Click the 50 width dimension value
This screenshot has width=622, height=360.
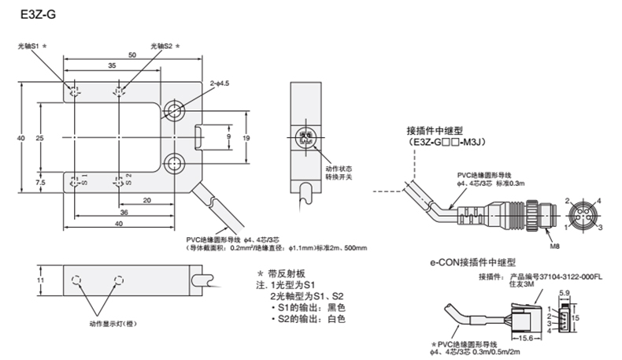pyautogui.click(x=130, y=54)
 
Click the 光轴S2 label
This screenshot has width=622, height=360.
pyautogui.click(x=161, y=46)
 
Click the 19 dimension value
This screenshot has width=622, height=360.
pyautogui.click(x=246, y=137)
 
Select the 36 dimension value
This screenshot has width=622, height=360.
pyautogui.click(x=124, y=213)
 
